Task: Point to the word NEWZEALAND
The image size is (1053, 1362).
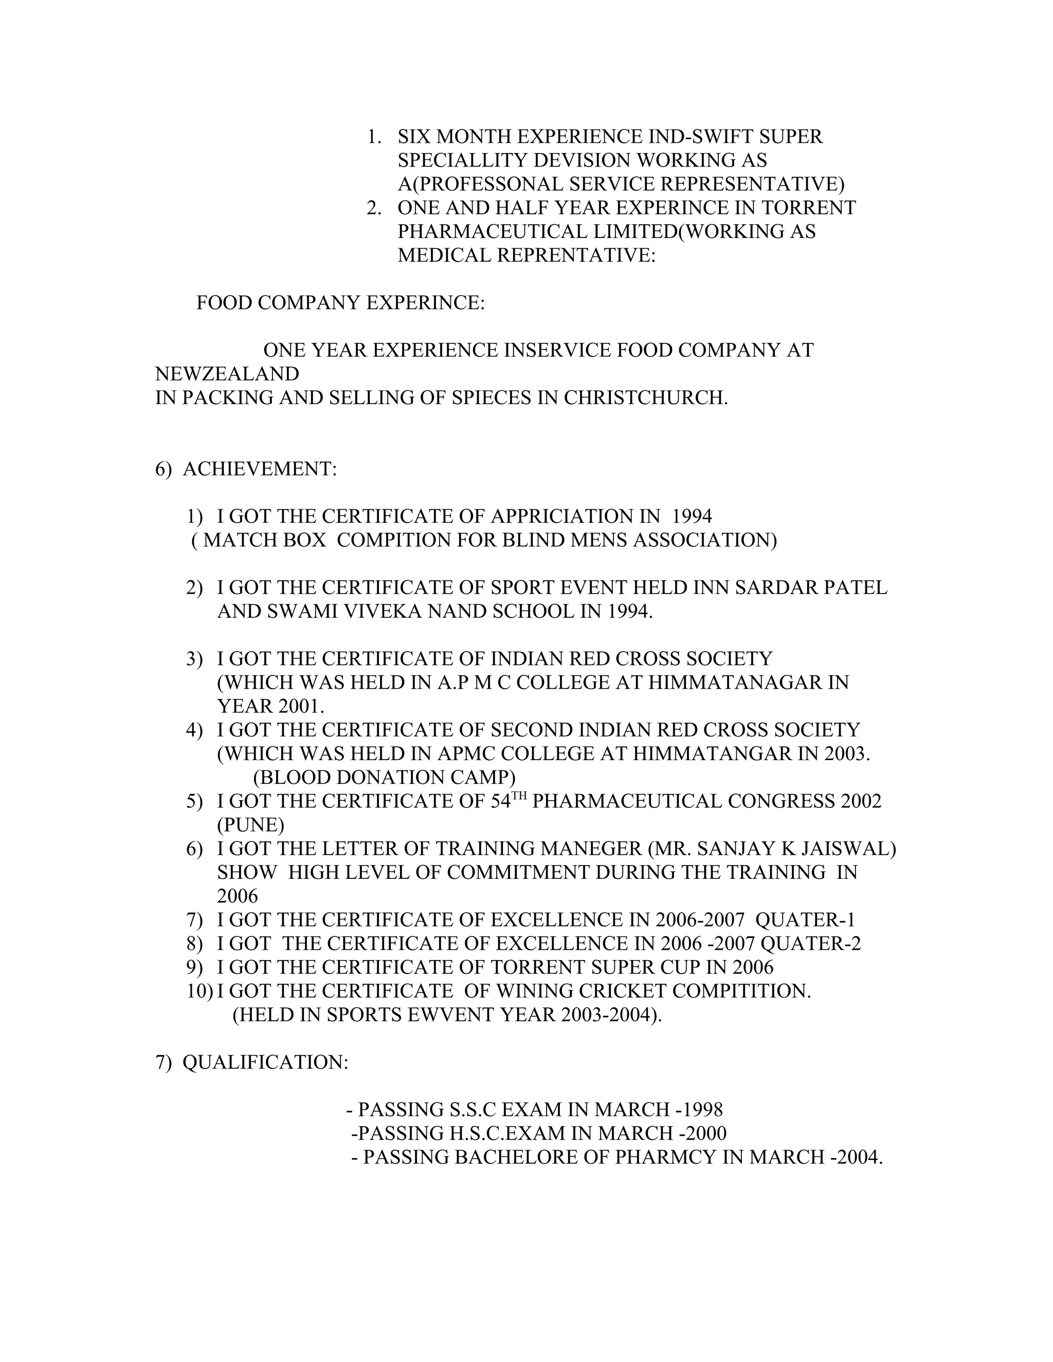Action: (227, 374)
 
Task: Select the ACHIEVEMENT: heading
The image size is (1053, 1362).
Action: (260, 468)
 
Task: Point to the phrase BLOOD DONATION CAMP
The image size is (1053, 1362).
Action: (384, 777)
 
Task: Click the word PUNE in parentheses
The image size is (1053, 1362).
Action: (250, 824)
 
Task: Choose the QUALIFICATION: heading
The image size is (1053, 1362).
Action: (265, 1062)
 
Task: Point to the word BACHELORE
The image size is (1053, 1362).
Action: (515, 1157)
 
